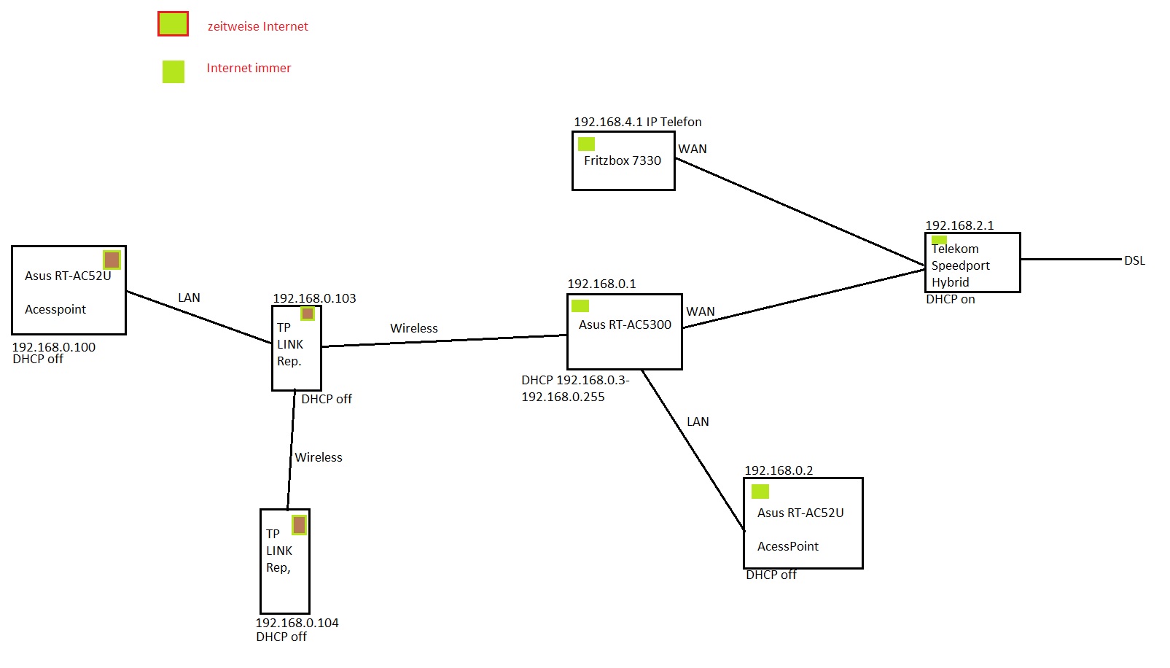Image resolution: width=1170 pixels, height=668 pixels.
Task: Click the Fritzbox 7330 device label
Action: pyautogui.click(x=622, y=160)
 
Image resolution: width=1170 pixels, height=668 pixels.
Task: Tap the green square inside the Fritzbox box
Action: pyautogui.click(x=586, y=144)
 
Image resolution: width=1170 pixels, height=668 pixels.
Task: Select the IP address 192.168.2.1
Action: pyautogui.click(x=959, y=225)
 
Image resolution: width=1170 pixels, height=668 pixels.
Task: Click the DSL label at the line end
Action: pyautogui.click(x=1134, y=260)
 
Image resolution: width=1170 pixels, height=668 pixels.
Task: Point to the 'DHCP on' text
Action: pyautogui.click(x=950, y=299)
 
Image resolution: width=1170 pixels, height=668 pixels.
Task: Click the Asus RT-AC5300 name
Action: pyautogui.click(x=625, y=325)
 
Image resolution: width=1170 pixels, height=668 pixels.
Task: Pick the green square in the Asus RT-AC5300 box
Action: pyautogui.click(x=580, y=306)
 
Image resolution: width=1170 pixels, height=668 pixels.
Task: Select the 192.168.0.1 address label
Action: pyautogui.click(x=601, y=284)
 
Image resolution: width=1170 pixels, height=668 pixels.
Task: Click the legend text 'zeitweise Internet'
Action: pyautogui.click(x=257, y=26)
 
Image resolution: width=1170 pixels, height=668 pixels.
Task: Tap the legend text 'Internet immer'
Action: pyautogui.click(x=249, y=68)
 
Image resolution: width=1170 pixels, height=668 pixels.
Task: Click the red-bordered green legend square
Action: pyautogui.click(x=173, y=24)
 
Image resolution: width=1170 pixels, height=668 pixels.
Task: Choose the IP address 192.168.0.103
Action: pyautogui.click(x=314, y=298)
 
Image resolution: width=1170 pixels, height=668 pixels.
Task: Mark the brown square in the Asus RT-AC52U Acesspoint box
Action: pyautogui.click(x=112, y=260)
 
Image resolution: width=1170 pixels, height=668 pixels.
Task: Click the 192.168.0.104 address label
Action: pyautogui.click(x=297, y=623)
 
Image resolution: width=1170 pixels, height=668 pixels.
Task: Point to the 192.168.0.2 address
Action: pyautogui.click(x=779, y=470)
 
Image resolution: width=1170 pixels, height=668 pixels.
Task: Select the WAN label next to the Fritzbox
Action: pyautogui.click(x=693, y=149)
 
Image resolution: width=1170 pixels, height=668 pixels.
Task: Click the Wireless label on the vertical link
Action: pyautogui.click(x=319, y=457)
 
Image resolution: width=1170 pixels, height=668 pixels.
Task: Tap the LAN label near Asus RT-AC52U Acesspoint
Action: pyautogui.click(x=189, y=298)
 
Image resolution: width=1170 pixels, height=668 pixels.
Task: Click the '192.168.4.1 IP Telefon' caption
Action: pyautogui.click(x=637, y=122)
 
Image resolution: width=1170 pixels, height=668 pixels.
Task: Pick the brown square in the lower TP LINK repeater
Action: pyautogui.click(x=299, y=525)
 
